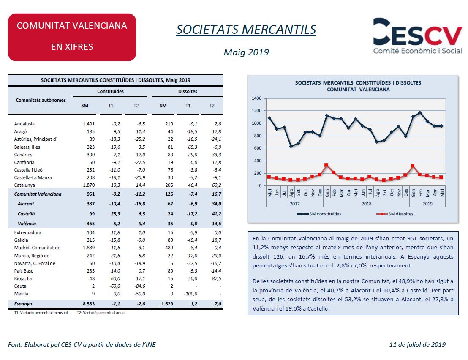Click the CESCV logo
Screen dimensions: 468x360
click(x=418, y=36)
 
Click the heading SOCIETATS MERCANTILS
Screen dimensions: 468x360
click(x=246, y=30)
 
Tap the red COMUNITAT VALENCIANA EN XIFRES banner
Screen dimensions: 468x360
click(x=72, y=37)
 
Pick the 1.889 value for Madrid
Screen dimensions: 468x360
click(x=89, y=248)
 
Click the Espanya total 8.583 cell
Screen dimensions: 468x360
click(x=89, y=304)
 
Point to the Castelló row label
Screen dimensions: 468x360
click(x=26, y=214)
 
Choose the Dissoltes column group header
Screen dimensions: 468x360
click(x=188, y=91)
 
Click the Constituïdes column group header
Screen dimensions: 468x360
click(x=110, y=91)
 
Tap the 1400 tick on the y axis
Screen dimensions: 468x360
click(x=256, y=98)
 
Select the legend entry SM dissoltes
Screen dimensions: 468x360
click(x=395, y=214)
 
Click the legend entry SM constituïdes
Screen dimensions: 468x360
click(x=319, y=214)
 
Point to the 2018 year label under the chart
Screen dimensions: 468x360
click(x=367, y=204)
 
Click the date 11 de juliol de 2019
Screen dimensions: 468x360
click(x=417, y=344)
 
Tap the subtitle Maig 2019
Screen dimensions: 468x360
click(x=246, y=52)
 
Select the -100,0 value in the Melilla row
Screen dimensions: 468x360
click(x=190, y=294)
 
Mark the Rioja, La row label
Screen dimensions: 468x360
click(x=23, y=278)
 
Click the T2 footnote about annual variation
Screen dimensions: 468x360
click(x=101, y=313)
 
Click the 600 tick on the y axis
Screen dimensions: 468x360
click(x=258, y=148)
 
